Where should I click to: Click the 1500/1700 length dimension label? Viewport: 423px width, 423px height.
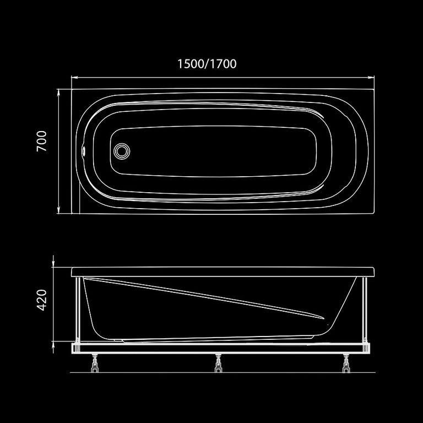[x=207, y=64]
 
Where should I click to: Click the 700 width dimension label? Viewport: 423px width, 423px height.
[x=41, y=141]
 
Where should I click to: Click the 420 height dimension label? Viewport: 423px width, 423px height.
[x=41, y=300]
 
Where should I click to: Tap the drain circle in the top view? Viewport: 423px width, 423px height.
[x=122, y=151]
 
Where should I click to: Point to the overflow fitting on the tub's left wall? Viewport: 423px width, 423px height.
[x=84, y=150]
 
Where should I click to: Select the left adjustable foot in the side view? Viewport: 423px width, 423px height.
[x=95, y=363]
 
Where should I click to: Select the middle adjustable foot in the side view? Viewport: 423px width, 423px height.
[x=218, y=363]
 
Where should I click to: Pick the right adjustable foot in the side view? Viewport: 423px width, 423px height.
[x=346, y=363]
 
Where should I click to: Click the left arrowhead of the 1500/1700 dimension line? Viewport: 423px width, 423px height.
[x=74, y=78]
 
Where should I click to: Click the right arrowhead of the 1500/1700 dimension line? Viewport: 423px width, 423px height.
[x=371, y=78]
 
